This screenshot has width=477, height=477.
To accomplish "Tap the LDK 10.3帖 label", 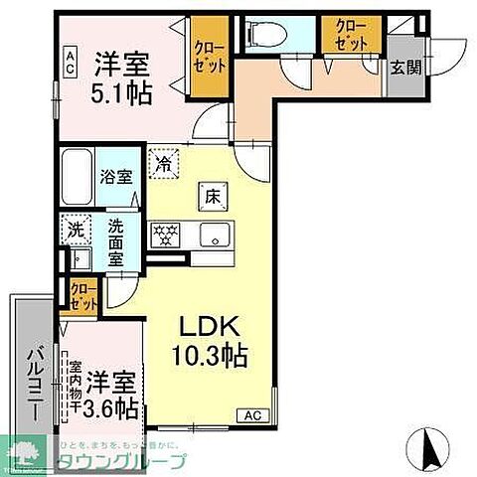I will [213, 341].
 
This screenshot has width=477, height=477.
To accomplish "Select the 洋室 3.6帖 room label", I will [109, 393].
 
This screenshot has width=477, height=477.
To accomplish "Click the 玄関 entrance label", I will [402, 69].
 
